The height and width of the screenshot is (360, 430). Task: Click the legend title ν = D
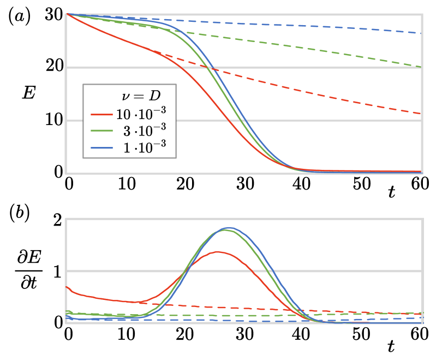pyautogui.click(x=141, y=96)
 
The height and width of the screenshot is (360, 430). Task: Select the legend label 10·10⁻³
pyautogui.click(x=141, y=114)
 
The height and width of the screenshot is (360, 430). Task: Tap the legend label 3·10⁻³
pyautogui.click(x=145, y=131)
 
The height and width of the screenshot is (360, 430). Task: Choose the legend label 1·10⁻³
pyautogui.click(x=145, y=148)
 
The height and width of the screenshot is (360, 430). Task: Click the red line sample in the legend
pyautogui.click(x=101, y=115)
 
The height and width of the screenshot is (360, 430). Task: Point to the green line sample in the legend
pyautogui.click(x=101, y=132)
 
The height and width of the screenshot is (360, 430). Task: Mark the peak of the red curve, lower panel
pyautogui.click(x=218, y=252)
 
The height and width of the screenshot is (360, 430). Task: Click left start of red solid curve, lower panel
pyautogui.click(x=67, y=287)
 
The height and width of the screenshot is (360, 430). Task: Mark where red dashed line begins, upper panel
pyautogui.click(x=154, y=52)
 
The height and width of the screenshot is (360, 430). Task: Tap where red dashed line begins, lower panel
pyautogui.click(x=140, y=303)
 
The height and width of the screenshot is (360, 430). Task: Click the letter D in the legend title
pyautogui.click(x=156, y=96)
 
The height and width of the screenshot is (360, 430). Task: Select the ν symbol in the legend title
pyautogui.click(x=126, y=96)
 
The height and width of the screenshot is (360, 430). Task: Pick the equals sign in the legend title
pyautogui.click(x=140, y=96)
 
